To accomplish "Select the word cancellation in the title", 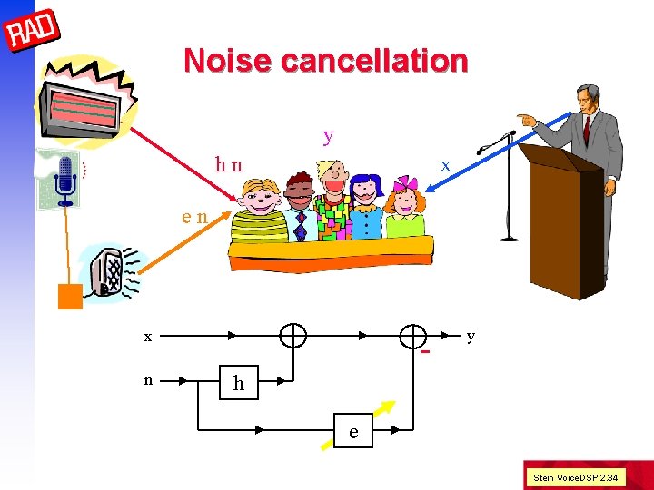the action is [x=374, y=61].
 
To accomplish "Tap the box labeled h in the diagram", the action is [x=239, y=383].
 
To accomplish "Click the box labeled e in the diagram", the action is [x=354, y=433].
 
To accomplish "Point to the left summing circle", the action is [x=292, y=336].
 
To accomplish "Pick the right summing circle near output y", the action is [x=413, y=336].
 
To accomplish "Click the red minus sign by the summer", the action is [x=424, y=353].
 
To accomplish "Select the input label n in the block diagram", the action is [x=147, y=381].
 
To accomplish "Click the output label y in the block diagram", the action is [x=470, y=336].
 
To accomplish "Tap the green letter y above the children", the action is [x=328, y=136].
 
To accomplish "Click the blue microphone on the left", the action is [x=64, y=178].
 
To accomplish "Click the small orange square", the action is [x=70, y=297].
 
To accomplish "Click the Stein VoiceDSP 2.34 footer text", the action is [x=575, y=476].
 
